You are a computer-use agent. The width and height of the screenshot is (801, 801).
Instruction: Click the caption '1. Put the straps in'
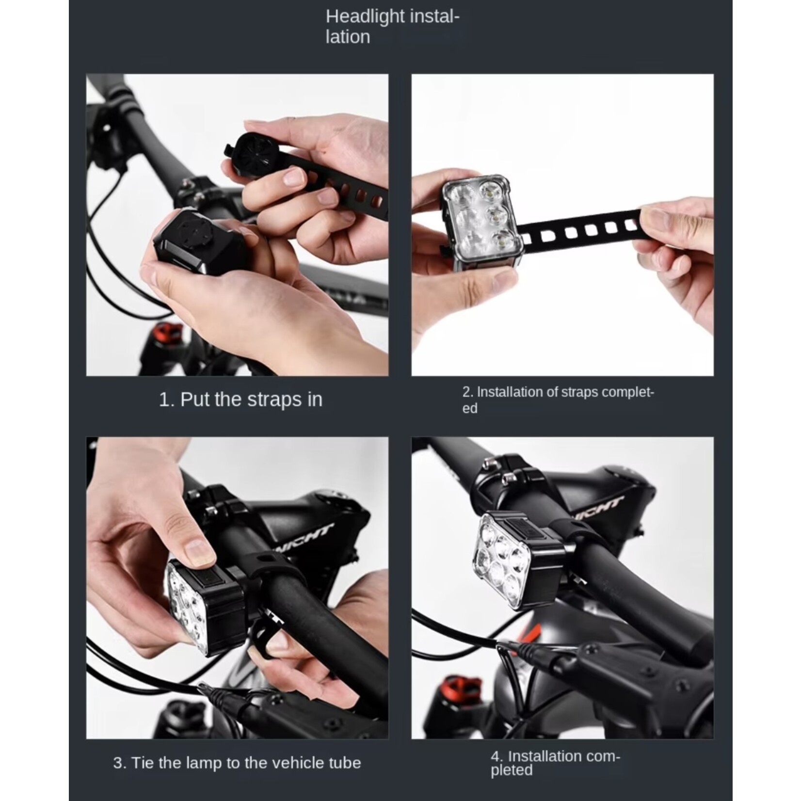tap(240, 400)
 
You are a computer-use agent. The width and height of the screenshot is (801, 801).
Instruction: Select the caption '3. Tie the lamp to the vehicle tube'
tap(237, 763)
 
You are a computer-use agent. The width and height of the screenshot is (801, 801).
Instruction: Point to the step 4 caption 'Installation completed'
tap(556, 763)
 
